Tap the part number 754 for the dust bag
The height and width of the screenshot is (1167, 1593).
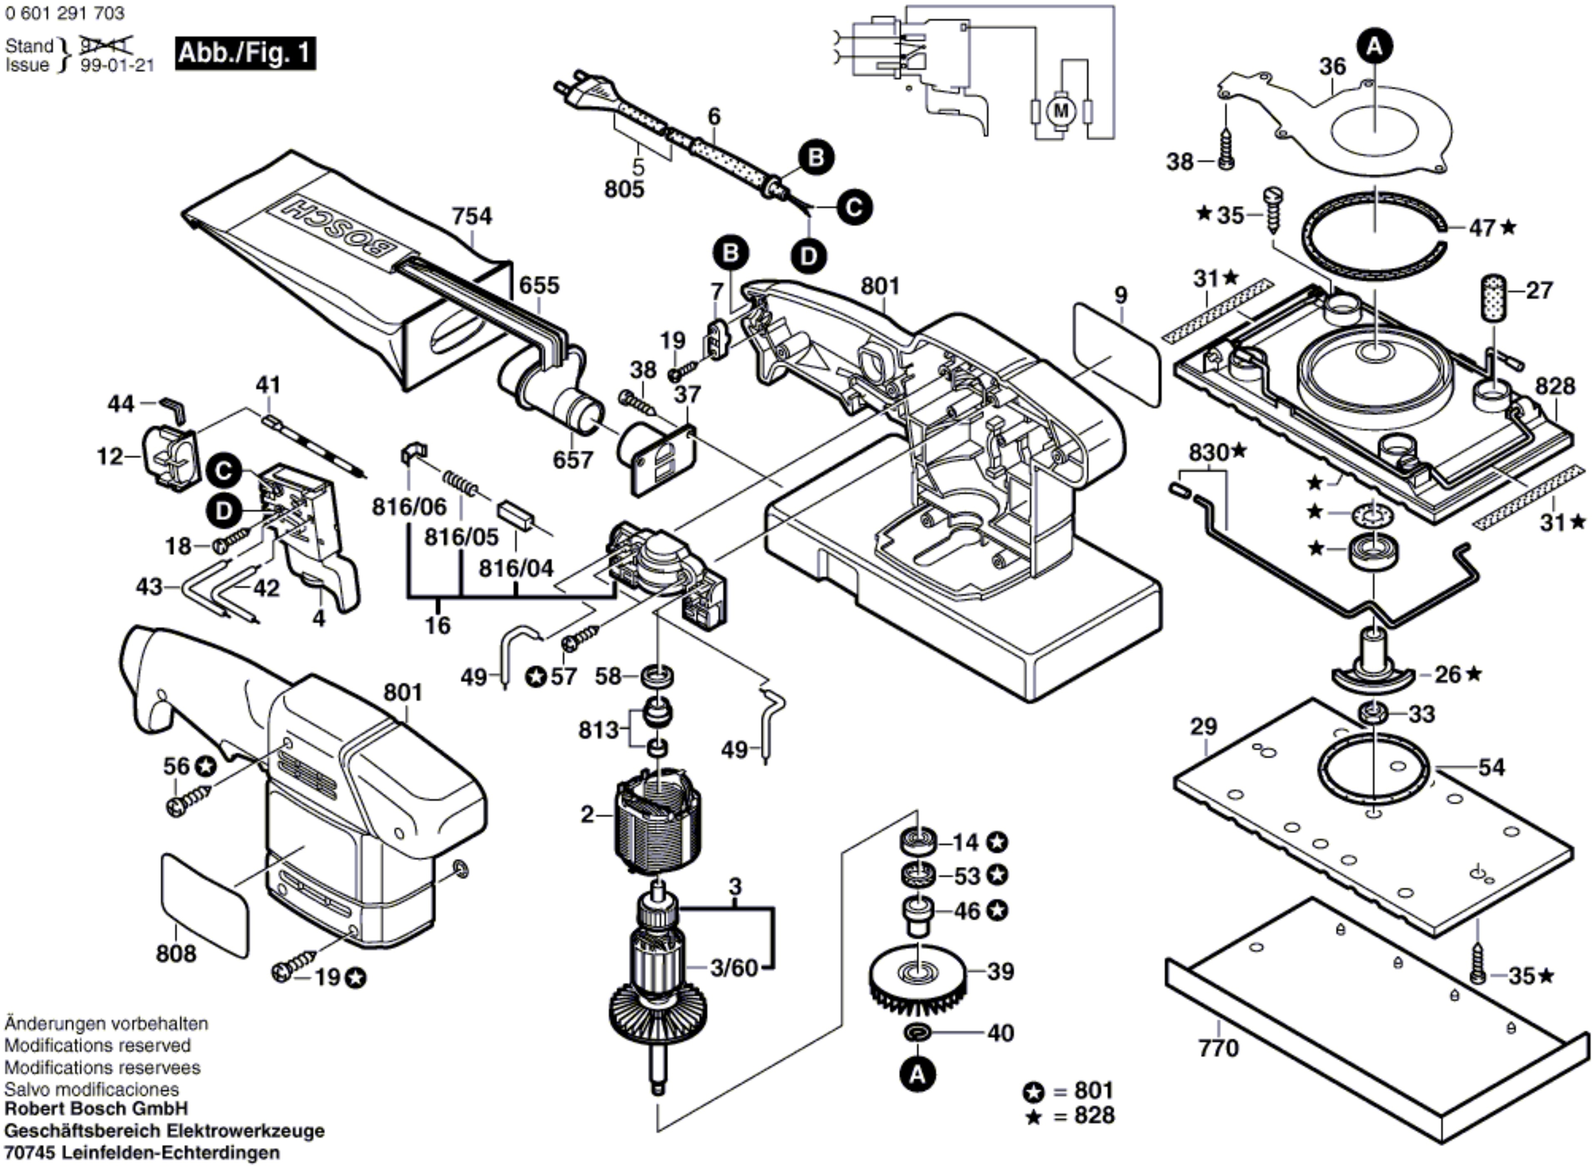coord(472,216)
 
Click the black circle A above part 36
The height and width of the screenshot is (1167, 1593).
coord(1374,47)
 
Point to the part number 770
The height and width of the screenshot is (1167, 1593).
coord(1218,1047)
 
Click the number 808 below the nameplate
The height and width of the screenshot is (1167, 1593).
coord(176,954)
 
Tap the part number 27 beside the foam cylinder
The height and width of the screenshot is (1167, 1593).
coord(1539,290)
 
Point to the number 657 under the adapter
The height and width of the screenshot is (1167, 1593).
coord(572,460)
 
